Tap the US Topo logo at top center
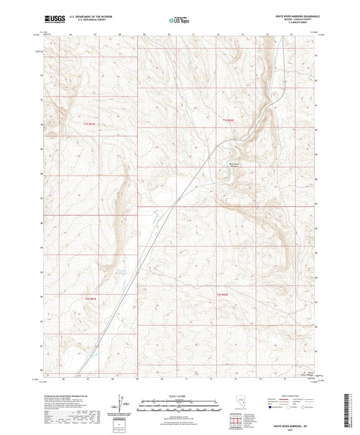coord(179,21)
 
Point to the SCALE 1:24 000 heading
coord(179,396)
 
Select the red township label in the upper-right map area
coord(229,119)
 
